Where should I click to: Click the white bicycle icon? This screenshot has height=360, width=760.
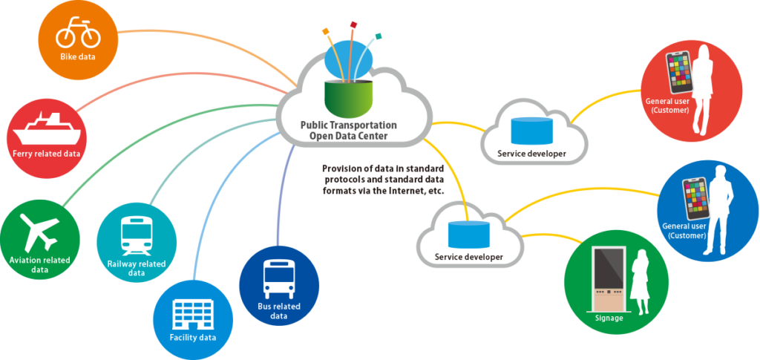click(78, 33)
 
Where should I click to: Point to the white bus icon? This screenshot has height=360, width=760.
click(279, 278)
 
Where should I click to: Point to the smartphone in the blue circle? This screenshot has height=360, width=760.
click(695, 197)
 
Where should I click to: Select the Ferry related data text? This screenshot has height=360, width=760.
click(45, 154)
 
